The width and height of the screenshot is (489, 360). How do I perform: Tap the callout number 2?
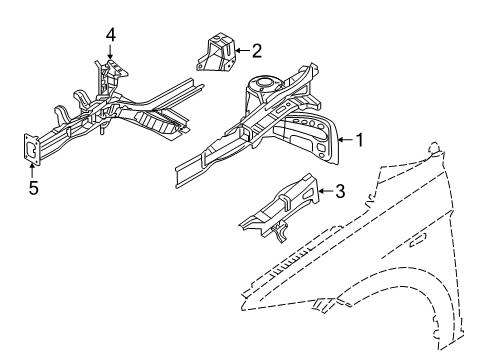[257, 49]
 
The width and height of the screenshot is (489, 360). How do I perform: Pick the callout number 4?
[111, 35]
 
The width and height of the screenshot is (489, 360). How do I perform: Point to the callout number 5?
[33, 186]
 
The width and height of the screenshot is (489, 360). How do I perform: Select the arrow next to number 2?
[241, 49]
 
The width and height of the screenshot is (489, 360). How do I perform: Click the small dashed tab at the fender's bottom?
[322, 301]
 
